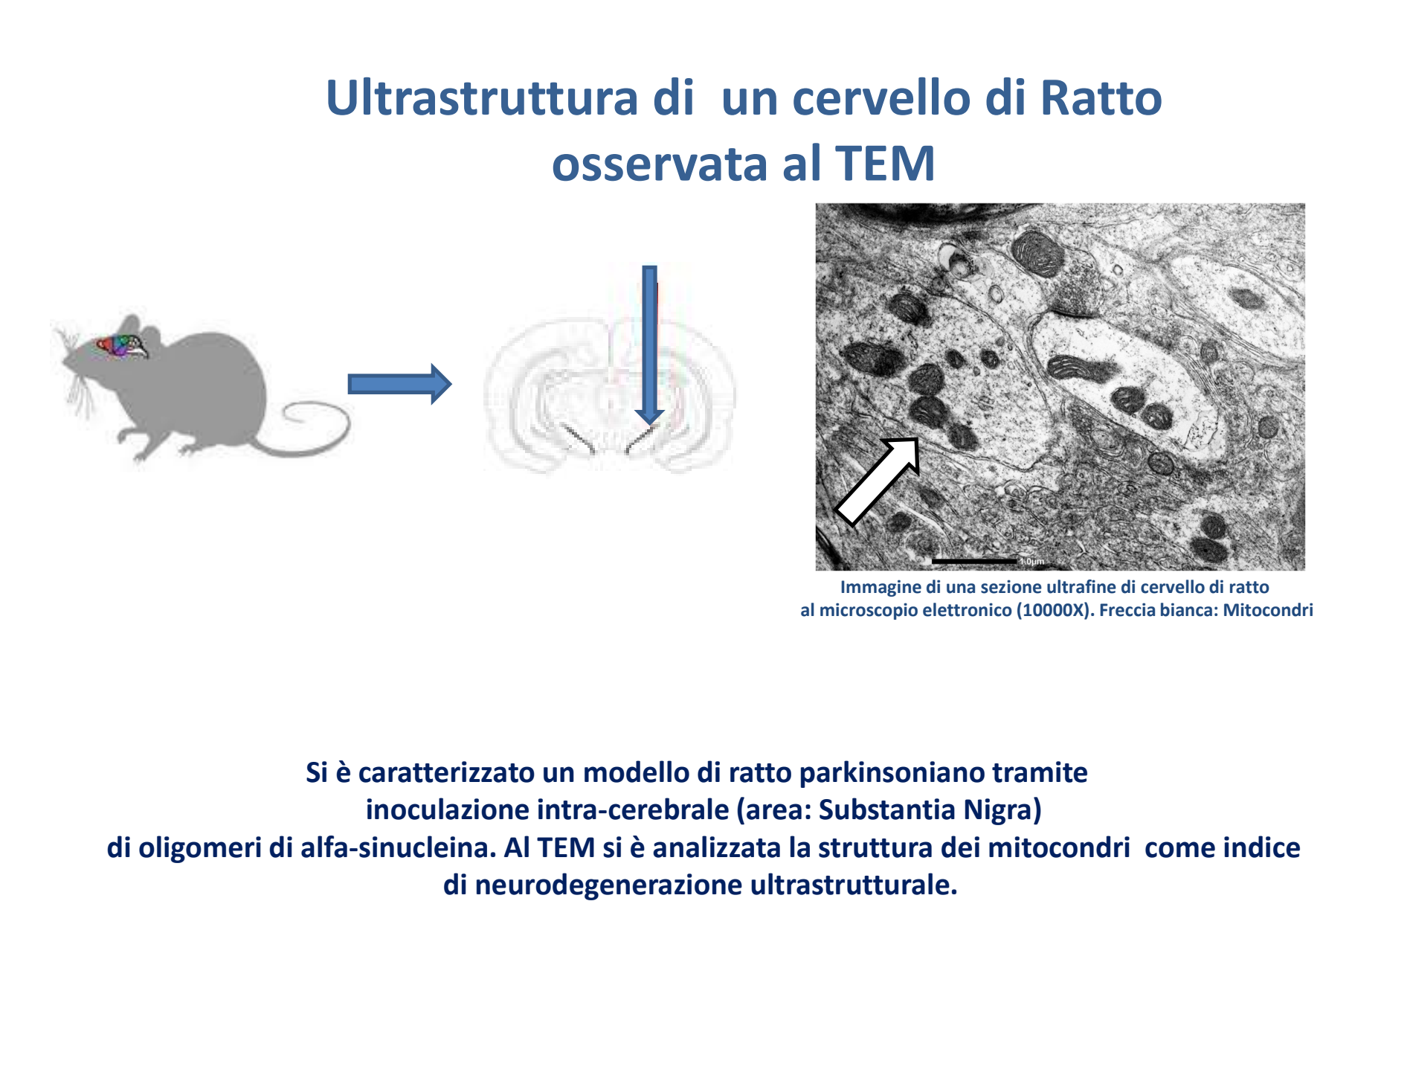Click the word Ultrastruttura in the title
[x=482, y=98]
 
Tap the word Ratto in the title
[x=1101, y=98]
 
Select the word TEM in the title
[x=885, y=164]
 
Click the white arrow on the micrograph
[x=878, y=481]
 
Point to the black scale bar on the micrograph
[x=974, y=561]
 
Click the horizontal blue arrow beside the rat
[x=399, y=384]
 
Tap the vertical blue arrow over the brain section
[x=649, y=345]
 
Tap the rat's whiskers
[x=74, y=372]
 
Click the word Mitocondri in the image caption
[x=1268, y=610]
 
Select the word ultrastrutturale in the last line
[x=854, y=885]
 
